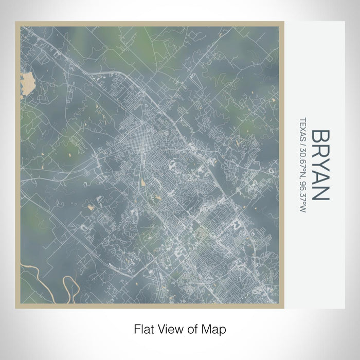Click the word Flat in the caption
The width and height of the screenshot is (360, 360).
(142, 328)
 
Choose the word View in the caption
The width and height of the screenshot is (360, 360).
(169, 328)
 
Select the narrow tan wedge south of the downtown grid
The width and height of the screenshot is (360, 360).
(141, 177)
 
